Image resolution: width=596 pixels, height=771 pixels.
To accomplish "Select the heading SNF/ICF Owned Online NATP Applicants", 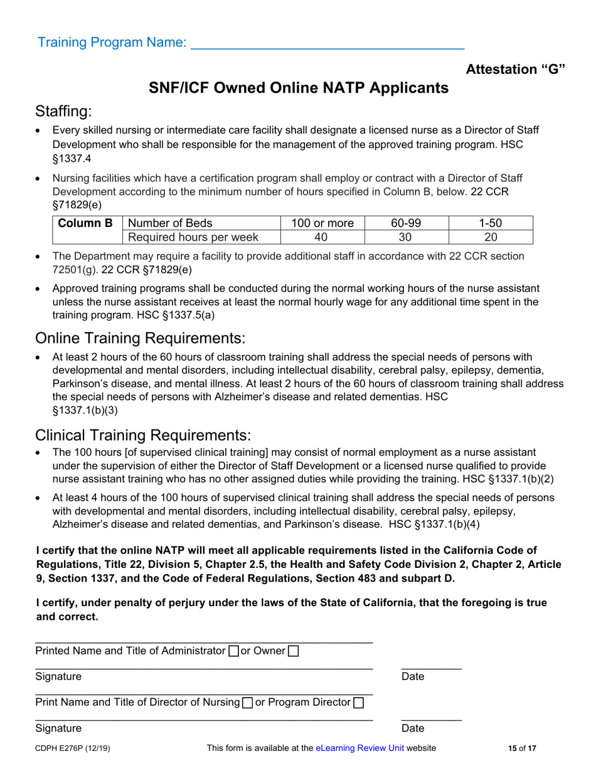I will (x=298, y=88).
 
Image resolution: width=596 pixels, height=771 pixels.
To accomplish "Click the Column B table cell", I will (x=86, y=223).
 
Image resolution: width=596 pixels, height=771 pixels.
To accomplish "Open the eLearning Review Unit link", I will (x=360, y=748).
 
